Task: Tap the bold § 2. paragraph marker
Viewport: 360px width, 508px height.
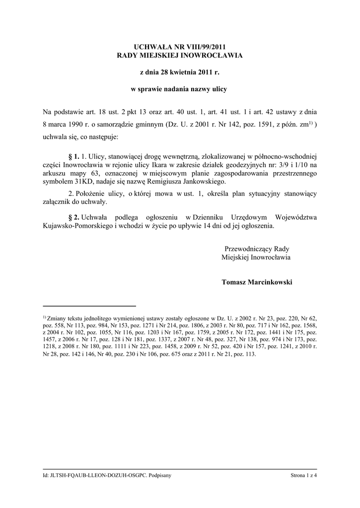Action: pyautogui.click(x=73, y=217)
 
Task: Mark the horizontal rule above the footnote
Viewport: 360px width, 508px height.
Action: pyautogui.click(x=89, y=306)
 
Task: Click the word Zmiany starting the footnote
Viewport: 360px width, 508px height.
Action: pyautogui.click(x=59, y=317)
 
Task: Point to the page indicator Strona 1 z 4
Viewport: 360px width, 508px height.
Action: pyautogui.click(x=304, y=476)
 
